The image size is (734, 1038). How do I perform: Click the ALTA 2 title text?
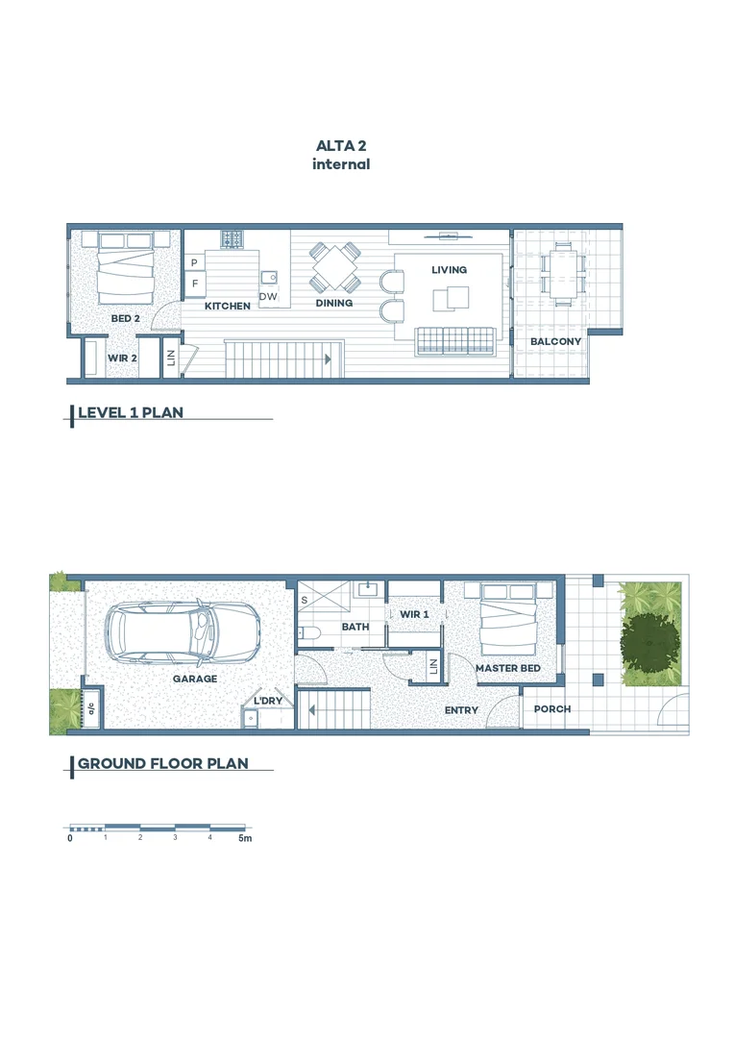[341, 146]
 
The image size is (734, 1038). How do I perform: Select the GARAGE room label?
[195, 679]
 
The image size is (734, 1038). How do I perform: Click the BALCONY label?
[555, 341]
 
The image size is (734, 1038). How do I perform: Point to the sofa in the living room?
[455, 339]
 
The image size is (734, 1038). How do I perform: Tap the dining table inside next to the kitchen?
[334, 267]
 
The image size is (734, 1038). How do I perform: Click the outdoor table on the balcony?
[562, 274]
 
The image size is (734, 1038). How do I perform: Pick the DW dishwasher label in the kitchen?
[268, 297]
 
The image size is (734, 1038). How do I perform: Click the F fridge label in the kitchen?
[195, 284]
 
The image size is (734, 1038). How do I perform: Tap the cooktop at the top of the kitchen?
[232, 237]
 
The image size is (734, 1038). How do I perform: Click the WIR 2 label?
[122, 358]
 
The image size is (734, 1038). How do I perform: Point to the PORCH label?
[552, 709]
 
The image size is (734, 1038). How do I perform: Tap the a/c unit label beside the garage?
[92, 709]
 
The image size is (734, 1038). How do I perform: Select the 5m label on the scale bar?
[245, 839]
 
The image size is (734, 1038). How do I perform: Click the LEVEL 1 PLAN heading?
[130, 413]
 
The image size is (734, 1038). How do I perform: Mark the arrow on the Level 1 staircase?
[328, 359]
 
